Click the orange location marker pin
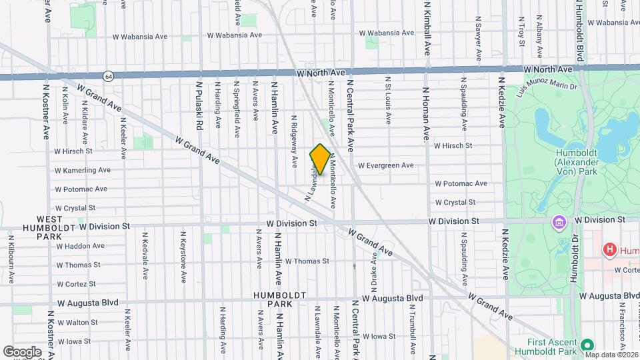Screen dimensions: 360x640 (320, 159)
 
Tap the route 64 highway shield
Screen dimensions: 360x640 (109, 76)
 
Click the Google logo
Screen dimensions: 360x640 (22, 351)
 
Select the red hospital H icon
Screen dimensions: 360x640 (608, 251)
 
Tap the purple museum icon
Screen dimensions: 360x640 (557, 221)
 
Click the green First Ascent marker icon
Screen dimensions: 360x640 (587, 345)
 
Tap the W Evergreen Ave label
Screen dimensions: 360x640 (385, 165)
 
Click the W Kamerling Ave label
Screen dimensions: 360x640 (83, 170)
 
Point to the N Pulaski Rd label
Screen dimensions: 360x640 (199, 106)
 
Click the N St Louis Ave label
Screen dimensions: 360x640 (387, 100)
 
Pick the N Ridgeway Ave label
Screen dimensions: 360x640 (293, 140)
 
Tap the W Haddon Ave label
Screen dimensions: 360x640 (80, 246)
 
